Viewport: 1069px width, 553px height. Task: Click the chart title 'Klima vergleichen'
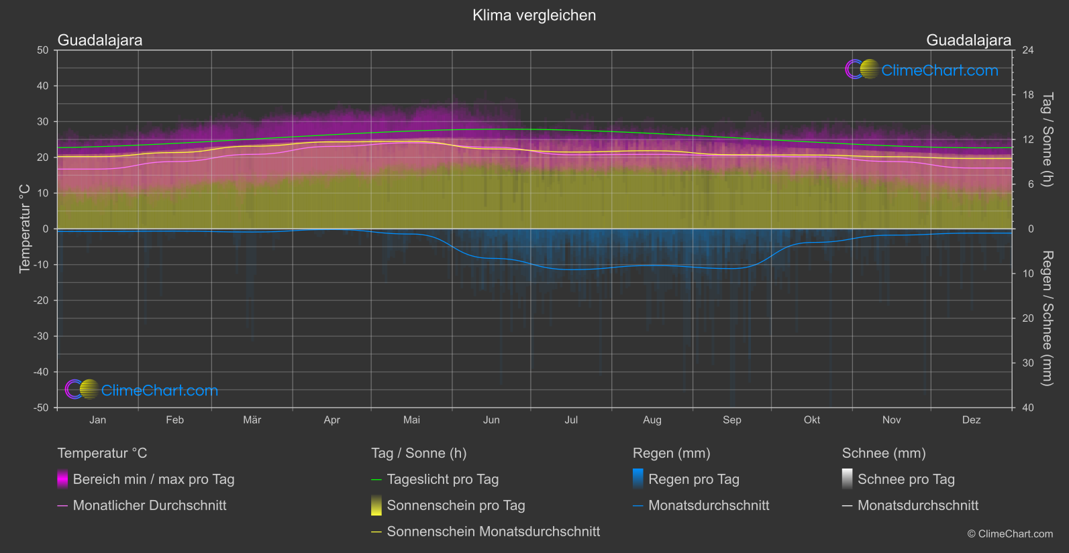(534, 15)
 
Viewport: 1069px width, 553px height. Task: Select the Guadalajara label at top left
(100, 40)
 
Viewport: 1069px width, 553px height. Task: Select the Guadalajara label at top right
(968, 40)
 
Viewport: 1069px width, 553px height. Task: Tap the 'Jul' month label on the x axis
(571, 420)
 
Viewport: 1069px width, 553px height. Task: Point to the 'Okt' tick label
(812, 420)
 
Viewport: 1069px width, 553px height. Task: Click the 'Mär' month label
(252, 420)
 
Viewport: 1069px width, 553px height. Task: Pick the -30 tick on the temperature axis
(42, 336)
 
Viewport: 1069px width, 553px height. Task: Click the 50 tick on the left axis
(43, 50)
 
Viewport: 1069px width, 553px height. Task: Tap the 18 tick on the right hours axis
(1028, 95)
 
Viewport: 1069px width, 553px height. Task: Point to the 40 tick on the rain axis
(1028, 408)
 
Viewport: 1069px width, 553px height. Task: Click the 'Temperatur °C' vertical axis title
(25, 229)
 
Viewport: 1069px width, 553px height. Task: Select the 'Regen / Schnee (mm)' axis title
(1046, 318)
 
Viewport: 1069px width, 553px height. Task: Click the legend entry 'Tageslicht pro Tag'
(443, 479)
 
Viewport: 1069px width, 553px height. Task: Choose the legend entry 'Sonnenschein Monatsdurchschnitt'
(493, 532)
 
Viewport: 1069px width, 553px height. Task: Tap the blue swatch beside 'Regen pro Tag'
(638, 479)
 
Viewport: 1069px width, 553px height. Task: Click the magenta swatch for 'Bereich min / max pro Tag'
(62, 479)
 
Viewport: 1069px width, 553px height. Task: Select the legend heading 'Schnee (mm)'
(884, 453)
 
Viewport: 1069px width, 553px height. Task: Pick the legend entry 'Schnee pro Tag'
(906, 479)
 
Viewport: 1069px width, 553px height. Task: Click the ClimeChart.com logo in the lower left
(142, 390)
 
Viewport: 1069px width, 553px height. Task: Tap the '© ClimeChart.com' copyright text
(1010, 534)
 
